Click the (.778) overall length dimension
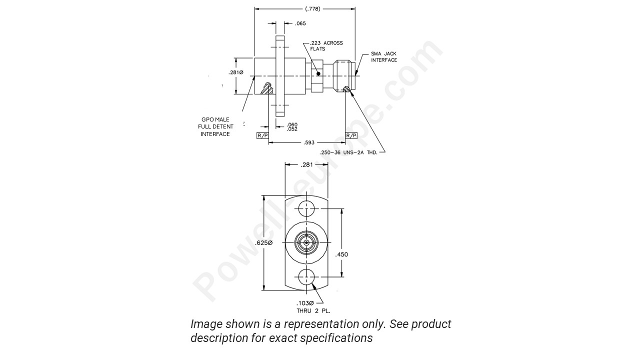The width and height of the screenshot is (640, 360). [312, 8]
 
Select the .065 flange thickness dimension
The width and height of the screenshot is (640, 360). [300, 23]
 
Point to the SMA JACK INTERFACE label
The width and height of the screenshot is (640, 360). [384, 57]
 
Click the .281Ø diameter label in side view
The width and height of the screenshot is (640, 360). [235, 72]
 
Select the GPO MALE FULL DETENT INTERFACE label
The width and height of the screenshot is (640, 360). [215, 127]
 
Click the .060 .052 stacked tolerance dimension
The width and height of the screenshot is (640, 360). [292, 127]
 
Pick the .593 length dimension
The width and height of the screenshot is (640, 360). [308, 142]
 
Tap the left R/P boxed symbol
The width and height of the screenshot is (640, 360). [262, 135]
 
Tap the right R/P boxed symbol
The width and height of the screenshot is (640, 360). [351, 135]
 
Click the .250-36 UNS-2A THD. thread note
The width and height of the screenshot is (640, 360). [348, 152]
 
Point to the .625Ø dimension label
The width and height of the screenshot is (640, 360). [263, 242]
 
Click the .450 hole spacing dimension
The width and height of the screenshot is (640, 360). [341, 254]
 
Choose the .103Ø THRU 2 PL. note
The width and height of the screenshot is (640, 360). [313, 307]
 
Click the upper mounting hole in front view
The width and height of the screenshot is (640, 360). [306, 208]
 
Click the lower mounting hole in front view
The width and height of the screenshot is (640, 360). [306, 276]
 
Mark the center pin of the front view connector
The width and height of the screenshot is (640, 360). [306, 243]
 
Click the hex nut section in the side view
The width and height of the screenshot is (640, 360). [316, 75]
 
